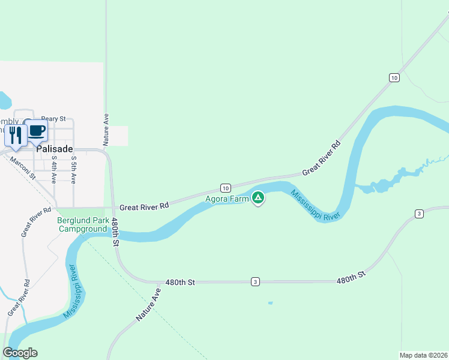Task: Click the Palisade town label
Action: click(55, 148)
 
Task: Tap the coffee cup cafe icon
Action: click(36, 130)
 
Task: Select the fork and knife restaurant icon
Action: click(16, 134)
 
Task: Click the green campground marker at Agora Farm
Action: click(258, 197)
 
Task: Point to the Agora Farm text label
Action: click(227, 199)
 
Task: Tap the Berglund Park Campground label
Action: click(82, 224)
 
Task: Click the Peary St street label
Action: click(53, 119)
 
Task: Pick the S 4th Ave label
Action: click(54, 170)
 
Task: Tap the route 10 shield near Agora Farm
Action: click(224, 187)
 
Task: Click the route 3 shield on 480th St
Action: click(256, 281)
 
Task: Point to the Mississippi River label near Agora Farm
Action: click(316, 206)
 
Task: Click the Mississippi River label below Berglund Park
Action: click(73, 292)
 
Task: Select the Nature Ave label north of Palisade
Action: click(106, 129)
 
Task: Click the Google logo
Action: click(20, 353)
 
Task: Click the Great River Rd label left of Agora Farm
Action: click(144, 206)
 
